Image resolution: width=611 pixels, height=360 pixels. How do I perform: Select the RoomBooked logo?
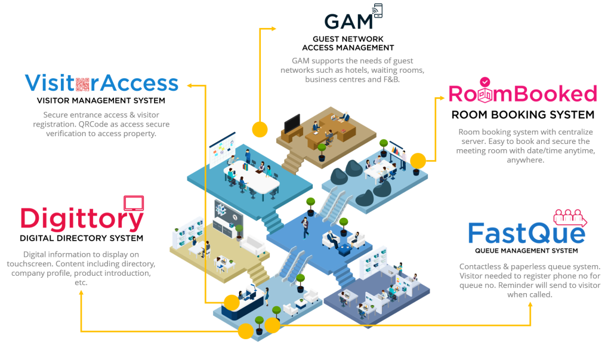[522, 93]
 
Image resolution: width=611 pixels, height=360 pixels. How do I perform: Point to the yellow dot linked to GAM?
[260, 129]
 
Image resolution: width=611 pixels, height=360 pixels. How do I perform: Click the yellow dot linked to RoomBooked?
[418, 161]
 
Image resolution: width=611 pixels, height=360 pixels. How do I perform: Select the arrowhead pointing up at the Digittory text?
[81, 296]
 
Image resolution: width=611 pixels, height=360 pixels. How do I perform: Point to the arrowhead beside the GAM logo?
[274, 28]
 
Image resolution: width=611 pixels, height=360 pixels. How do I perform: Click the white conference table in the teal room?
[251, 173]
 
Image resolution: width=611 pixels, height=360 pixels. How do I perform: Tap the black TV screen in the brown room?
[292, 124]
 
